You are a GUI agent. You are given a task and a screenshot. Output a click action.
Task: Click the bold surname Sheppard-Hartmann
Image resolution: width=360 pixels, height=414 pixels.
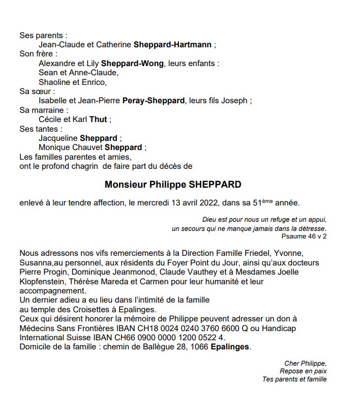pyautogui.click(x=172, y=45)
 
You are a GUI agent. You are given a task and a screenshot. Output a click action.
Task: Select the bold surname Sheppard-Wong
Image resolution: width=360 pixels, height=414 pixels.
pyautogui.click(x=132, y=64)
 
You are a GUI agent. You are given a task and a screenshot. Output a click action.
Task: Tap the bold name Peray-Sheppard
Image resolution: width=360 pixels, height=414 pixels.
pyautogui.click(x=154, y=101)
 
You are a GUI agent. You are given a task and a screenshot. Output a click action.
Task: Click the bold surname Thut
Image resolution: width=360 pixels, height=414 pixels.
pyautogui.click(x=99, y=120)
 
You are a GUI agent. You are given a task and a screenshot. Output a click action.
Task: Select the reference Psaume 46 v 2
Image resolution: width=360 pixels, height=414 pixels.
pyautogui.click(x=304, y=236)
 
